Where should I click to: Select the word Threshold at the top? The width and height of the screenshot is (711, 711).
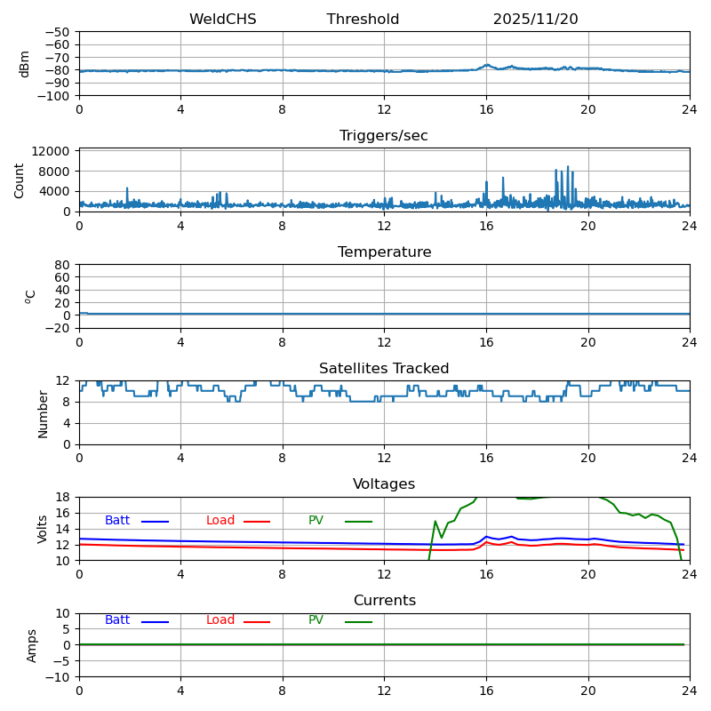tap(363, 20)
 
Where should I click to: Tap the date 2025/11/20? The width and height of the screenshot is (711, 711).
tap(535, 20)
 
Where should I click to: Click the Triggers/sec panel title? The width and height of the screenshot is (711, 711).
tap(384, 136)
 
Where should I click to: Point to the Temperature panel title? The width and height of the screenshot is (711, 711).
tap(384, 252)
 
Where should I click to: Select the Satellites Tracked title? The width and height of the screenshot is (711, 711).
tap(384, 369)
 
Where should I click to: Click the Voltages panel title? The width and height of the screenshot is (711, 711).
tap(384, 484)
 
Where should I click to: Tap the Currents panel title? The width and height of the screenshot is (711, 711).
tap(384, 601)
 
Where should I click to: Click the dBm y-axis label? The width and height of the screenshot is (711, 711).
tap(25, 64)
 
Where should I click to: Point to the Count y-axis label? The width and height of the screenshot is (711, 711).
tap(20, 180)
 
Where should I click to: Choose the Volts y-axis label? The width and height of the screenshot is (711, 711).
tap(44, 529)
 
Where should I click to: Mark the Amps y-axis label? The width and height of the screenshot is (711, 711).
tap(33, 645)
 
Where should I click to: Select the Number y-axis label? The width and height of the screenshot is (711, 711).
tap(44, 413)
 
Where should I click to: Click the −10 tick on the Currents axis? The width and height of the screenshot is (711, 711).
tap(59, 677)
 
